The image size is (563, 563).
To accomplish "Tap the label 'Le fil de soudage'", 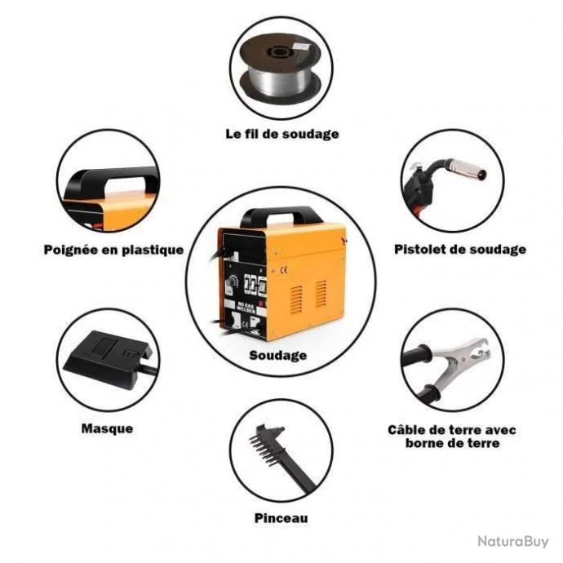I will [281, 133].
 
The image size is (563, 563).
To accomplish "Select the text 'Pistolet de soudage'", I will [459, 250].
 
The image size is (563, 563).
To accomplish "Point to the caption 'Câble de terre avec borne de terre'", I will [452, 436].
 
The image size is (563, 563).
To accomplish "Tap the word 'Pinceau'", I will [281, 517].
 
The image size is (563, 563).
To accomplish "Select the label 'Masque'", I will [107, 428].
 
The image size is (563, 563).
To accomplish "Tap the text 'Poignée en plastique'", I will [113, 250].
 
